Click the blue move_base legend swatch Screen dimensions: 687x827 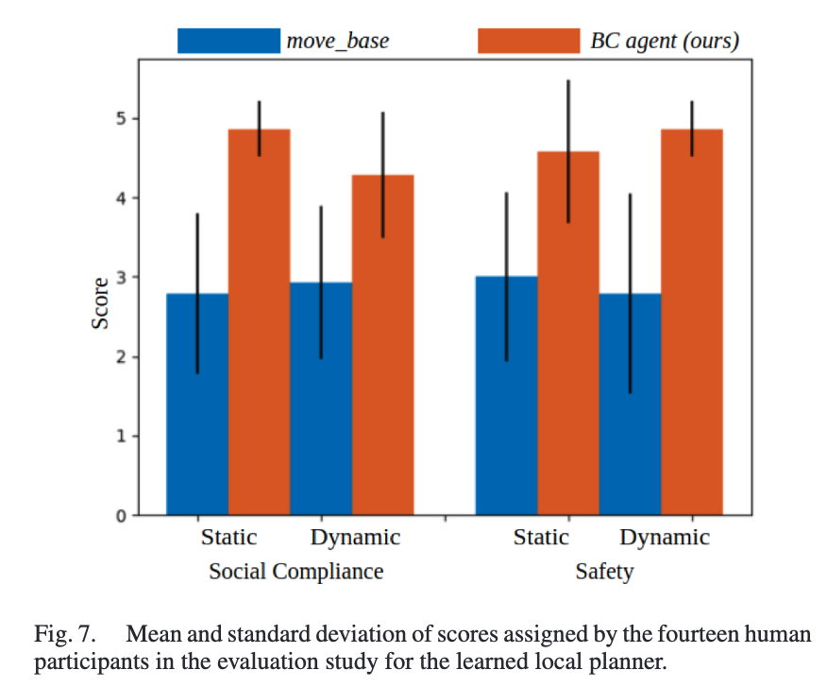point(229,41)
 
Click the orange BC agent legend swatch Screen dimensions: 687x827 point(529,41)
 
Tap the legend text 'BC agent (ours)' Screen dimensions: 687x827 point(664,42)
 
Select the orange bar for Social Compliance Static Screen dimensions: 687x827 point(259,322)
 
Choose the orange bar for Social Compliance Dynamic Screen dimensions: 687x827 point(382,345)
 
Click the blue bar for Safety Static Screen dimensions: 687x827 point(506,396)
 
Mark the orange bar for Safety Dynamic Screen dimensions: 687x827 point(692,322)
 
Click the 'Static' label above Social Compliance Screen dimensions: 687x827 point(228,538)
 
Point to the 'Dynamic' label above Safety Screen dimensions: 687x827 point(665,538)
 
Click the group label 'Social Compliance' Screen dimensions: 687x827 point(296,572)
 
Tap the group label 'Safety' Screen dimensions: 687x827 point(604,572)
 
